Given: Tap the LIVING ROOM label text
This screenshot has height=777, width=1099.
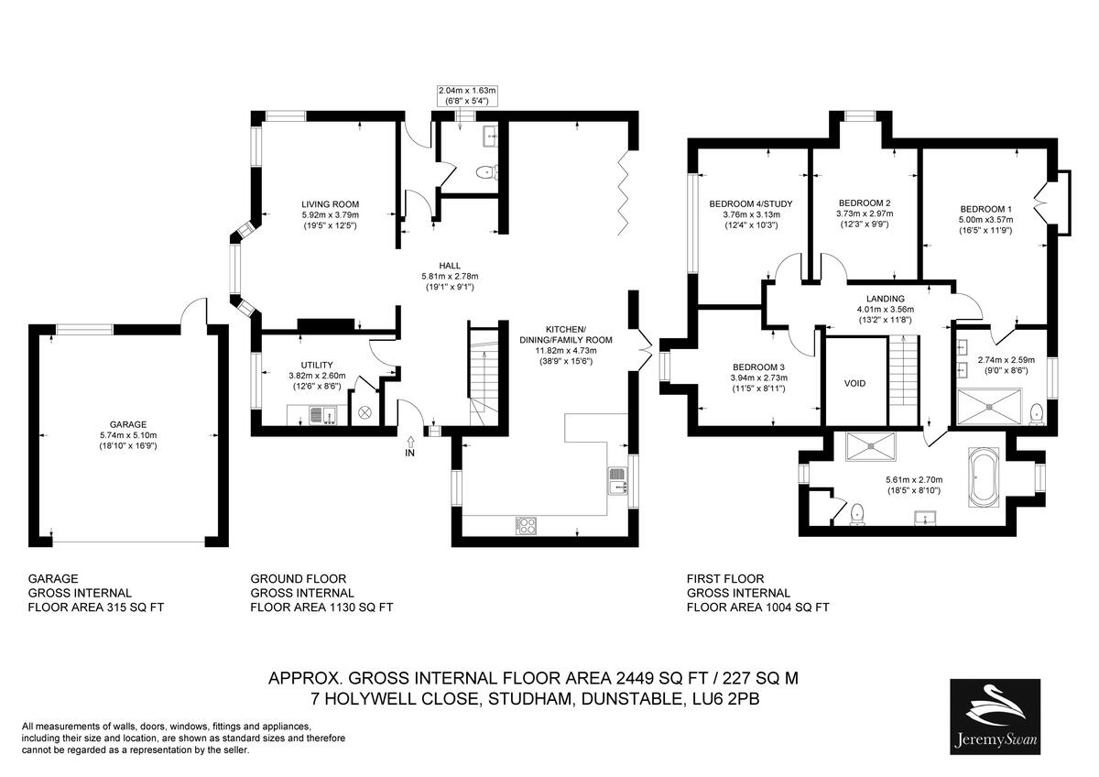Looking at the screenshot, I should [330, 204].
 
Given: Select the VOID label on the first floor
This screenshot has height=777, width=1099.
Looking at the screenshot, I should [854, 383].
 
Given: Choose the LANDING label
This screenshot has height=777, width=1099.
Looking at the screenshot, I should [885, 299].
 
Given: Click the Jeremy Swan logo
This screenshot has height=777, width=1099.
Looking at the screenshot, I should [995, 716].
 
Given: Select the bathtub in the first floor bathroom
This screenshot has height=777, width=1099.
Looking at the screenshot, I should [985, 476].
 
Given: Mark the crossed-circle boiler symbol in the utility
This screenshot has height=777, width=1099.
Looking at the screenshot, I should [365, 412].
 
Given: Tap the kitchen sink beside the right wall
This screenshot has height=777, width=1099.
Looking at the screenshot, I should [617, 479].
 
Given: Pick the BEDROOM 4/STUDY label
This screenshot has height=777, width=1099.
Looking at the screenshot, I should [750, 203].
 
